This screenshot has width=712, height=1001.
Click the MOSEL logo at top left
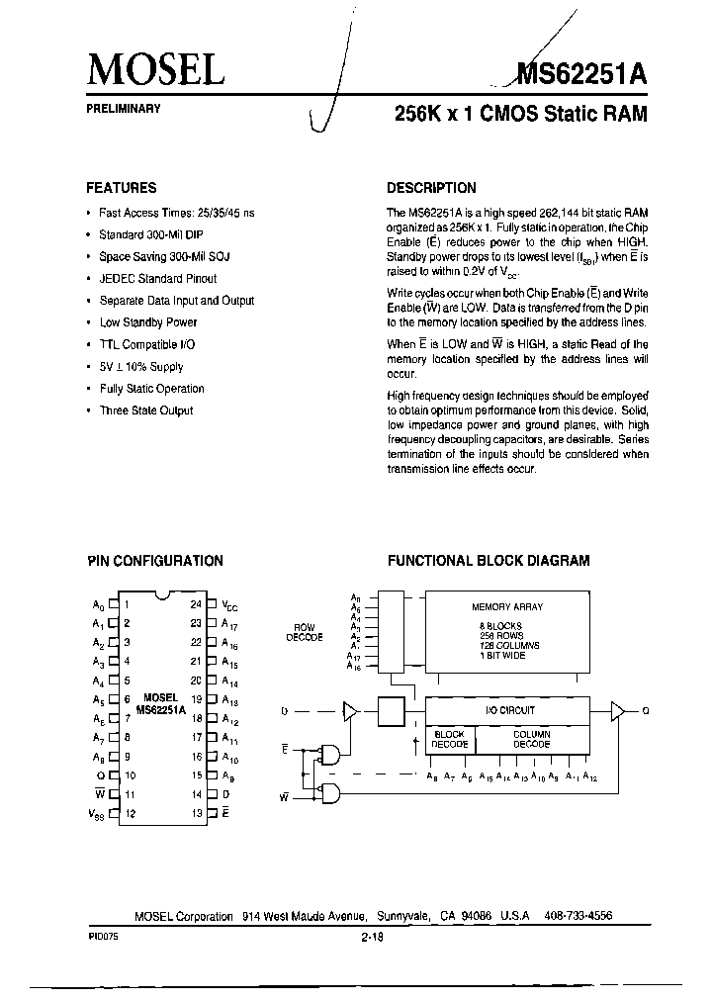click(156, 69)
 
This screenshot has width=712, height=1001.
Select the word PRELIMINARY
click(124, 108)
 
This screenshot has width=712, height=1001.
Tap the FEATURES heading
click(122, 187)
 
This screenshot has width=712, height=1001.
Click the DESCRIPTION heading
click(431, 187)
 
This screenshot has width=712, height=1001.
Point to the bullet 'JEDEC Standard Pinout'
click(158, 279)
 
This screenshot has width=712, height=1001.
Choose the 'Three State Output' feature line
click(146, 410)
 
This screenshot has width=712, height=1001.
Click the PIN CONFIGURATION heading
click(155, 560)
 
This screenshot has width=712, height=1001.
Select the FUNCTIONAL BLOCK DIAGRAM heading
click(489, 560)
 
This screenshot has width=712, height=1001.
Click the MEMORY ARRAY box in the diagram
click(507, 633)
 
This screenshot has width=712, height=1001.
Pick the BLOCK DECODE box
click(449, 739)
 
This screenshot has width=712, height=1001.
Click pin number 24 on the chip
click(197, 603)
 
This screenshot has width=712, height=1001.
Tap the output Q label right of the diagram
click(646, 709)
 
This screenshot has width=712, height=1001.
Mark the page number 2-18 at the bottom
click(373, 940)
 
